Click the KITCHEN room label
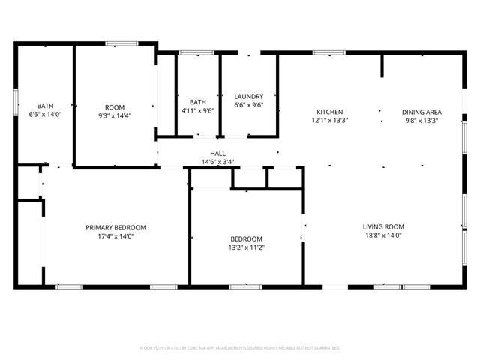pos(329,111)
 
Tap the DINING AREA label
pos(421,111)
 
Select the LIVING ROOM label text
pos(383,226)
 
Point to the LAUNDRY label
pos(248,97)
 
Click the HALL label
pos(217,154)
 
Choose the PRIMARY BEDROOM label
pos(115,227)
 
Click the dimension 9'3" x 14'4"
pos(115,116)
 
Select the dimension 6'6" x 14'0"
pos(45,115)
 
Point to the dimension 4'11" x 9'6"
pos(198,111)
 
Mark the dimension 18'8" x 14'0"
pos(383,235)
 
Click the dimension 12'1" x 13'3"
pos(329,120)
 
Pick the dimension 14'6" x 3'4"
pos(217,162)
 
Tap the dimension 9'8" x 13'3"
pos(421,120)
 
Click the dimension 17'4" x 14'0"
pos(115,236)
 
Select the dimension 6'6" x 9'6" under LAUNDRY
pos(248,106)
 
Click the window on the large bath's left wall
pos(16,100)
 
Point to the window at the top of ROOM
pos(120,44)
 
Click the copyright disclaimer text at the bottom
pos(240,348)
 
